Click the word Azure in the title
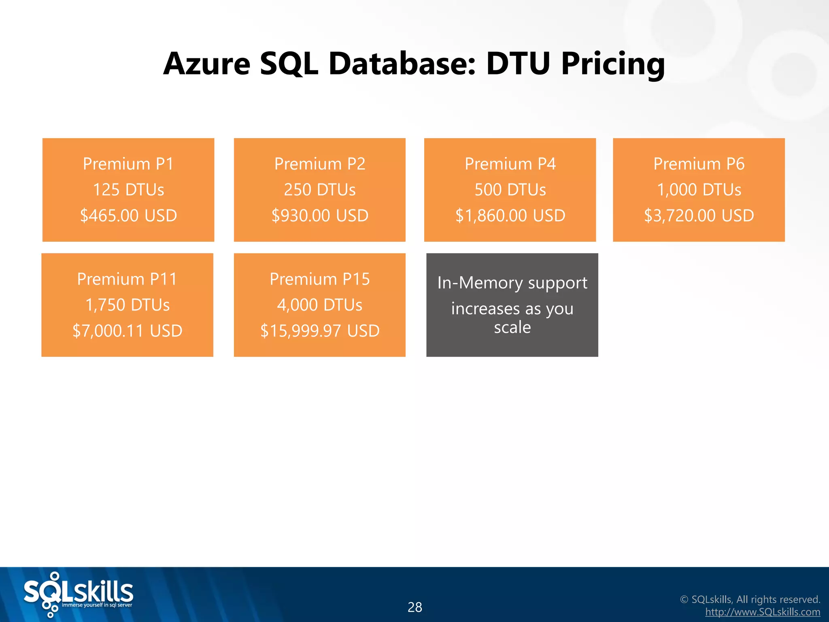tap(207, 64)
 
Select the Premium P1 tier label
tap(128, 164)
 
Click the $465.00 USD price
tap(128, 215)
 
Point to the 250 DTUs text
tap(319, 190)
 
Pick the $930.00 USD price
tap(319, 215)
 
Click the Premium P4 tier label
tap(510, 164)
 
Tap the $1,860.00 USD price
tap(510, 215)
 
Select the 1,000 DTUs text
tap(699, 190)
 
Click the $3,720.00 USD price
tap(699, 215)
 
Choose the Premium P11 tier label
tap(127, 279)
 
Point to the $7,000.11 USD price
tap(127, 331)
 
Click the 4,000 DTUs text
tap(319, 305)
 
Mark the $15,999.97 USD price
tap(319, 331)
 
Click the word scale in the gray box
tap(512, 327)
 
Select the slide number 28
tap(414, 607)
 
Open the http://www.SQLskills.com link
tap(763, 612)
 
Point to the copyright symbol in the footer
tap(684, 599)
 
